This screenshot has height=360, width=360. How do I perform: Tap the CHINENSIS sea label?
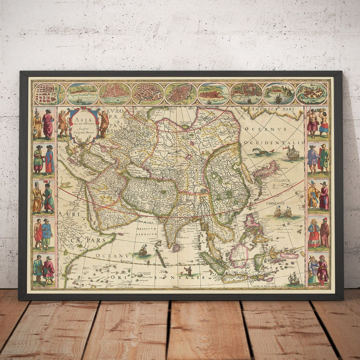click(x=276, y=203)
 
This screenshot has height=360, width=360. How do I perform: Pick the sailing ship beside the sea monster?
click(x=292, y=153)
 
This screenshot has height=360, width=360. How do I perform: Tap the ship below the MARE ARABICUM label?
click(x=143, y=251)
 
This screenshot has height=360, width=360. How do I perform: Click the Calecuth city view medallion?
click(x=82, y=94)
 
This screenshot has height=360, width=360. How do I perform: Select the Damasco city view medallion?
click(x=148, y=94)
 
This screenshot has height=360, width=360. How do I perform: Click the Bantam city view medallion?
click(x=246, y=94)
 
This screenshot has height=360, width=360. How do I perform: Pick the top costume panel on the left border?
click(x=43, y=124)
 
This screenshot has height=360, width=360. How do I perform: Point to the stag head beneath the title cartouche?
click(x=86, y=142)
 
